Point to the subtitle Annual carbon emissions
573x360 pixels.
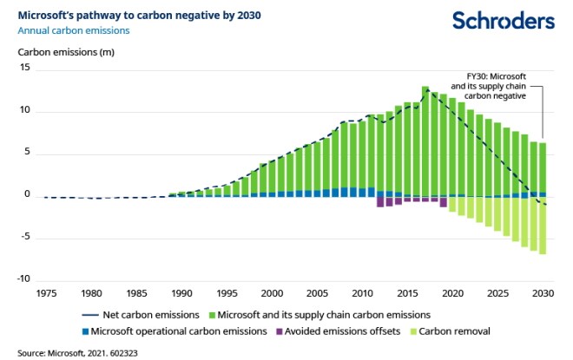coord(74,30)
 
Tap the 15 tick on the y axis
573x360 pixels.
coord(25,69)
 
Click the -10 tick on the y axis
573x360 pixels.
coord(23,279)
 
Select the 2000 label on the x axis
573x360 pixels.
coord(273,293)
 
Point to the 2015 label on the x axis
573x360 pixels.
coord(409,293)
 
